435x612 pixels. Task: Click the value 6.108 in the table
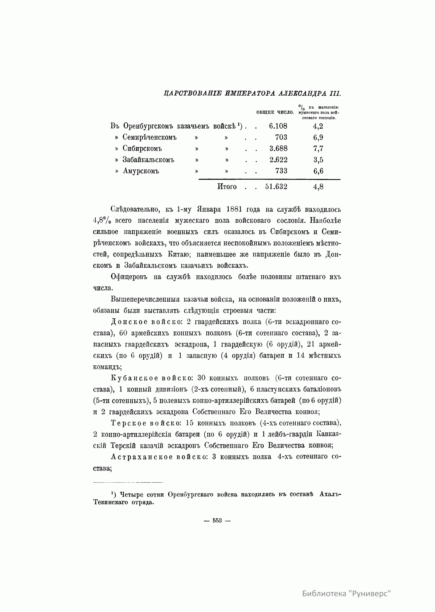coord(278,126)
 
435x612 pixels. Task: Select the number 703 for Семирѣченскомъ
coord(281,137)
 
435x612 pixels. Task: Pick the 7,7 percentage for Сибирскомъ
coord(318,148)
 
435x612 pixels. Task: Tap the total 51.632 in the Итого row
coord(276,187)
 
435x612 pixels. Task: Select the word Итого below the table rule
coord(227,187)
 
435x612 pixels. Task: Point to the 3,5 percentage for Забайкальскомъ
coord(318,160)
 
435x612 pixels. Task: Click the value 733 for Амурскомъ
coord(281,171)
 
